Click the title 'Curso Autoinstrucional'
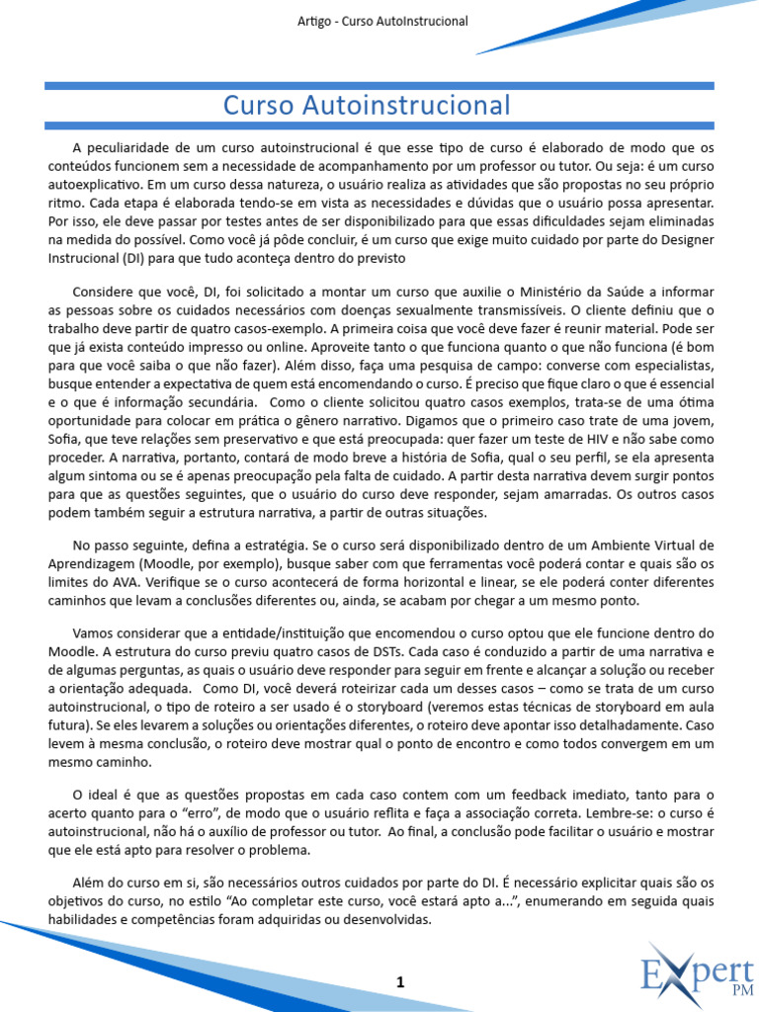[x=367, y=106]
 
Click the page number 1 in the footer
[x=400, y=981]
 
